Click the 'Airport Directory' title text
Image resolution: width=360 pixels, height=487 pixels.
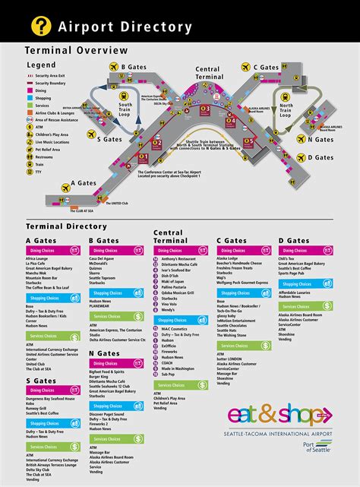coord(125,27)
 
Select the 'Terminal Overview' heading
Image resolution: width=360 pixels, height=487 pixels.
coord(76,50)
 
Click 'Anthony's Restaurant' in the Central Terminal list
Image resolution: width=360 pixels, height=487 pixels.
coord(178,258)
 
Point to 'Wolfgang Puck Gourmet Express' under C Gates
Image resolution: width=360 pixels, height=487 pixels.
coord(242,282)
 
